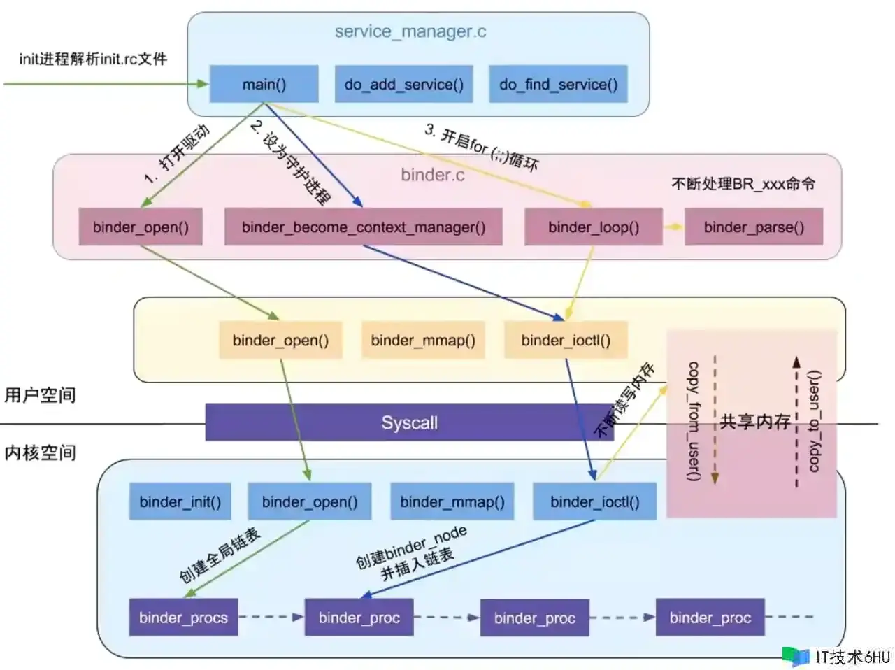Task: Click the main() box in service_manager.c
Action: coord(264,84)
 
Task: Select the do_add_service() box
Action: coord(403,84)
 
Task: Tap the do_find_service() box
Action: coord(558,84)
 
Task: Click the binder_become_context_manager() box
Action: coord(363,227)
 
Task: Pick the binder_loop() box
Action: coord(593,227)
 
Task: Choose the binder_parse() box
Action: coord(753,227)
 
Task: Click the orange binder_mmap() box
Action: coord(422,340)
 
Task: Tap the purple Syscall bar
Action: coord(409,422)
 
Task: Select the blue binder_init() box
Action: coord(180,501)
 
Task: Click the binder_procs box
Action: coord(183,617)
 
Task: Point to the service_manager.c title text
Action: coord(410,31)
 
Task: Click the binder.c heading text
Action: coord(432,174)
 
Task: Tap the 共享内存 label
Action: coord(754,421)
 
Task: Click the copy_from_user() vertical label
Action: coord(693,421)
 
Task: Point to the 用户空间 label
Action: coord(40,395)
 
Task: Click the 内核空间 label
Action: coord(40,452)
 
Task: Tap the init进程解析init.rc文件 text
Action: coord(92,59)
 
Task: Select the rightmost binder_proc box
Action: coord(710,617)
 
